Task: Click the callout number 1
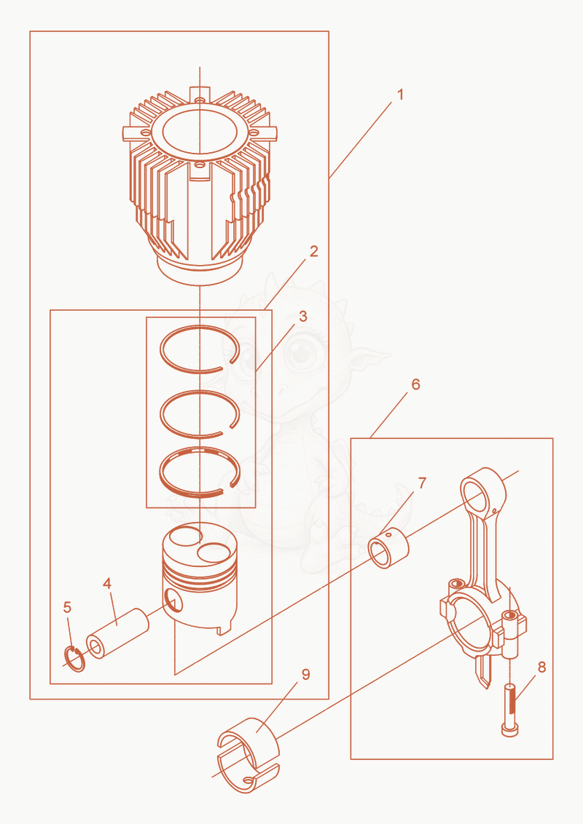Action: click(x=400, y=95)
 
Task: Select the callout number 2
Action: click(x=314, y=252)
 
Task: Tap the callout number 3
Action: click(x=303, y=317)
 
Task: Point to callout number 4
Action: click(x=107, y=583)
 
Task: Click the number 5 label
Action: click(x=67, y=608)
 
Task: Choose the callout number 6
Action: click(x=415, y=384)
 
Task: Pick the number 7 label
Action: click(x=422, y=483)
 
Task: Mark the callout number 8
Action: click(x=542, y=667)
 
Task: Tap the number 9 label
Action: click(x=306, y=675)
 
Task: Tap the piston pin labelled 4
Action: click(x=117, y=634)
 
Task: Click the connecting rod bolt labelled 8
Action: click(x=510, y=710)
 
